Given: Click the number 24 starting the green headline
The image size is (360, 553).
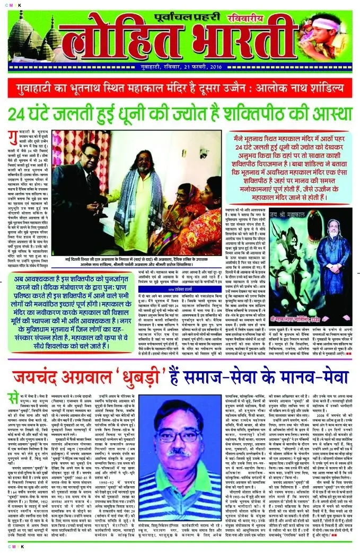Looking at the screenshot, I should tap(18, 113).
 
